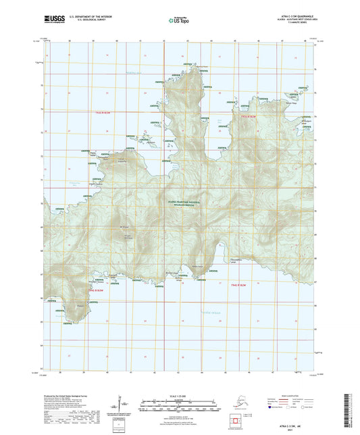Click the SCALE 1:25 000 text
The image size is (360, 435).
[179, 397]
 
